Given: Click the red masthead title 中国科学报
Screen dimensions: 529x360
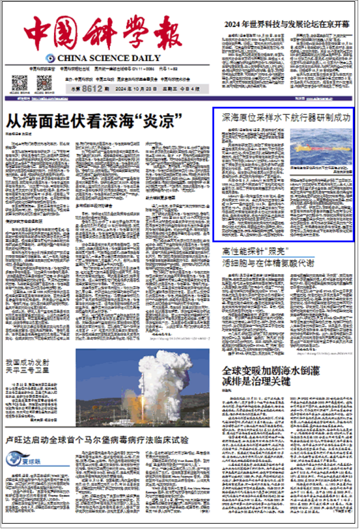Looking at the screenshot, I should click(103, 31).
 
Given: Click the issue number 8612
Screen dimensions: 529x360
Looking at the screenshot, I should click(93, 89).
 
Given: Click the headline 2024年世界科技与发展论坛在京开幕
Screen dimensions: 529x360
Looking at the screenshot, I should click(286, 25).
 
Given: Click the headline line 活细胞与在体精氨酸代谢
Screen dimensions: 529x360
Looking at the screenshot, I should click(268, 263).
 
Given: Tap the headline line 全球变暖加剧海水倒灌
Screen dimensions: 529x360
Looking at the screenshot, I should click(271, 370).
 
